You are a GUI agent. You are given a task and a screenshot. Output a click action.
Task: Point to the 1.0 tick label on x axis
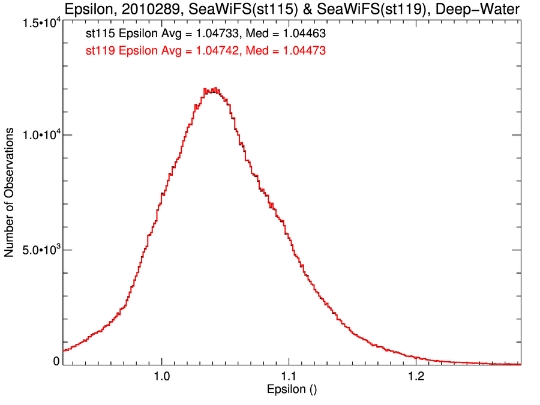click(161, 377)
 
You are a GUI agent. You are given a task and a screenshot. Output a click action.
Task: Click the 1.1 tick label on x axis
click(289, 377)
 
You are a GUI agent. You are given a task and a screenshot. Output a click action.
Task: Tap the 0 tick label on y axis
click(56, 361)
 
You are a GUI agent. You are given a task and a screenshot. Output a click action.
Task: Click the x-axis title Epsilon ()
click(292, 390)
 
